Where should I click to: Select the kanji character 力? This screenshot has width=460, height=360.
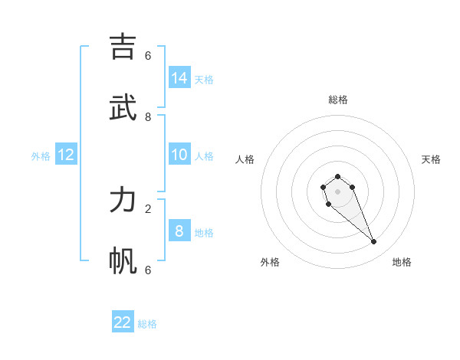click(123, 201)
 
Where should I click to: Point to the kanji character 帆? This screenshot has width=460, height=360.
click(123, 261)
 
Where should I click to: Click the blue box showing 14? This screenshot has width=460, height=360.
click(179, 77)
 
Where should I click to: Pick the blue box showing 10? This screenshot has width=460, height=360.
click(179, 155)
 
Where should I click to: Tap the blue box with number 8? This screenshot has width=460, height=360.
click(179, 231)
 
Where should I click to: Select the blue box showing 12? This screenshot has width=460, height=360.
click(66, 155)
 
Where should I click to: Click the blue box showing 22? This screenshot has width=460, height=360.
click(123, 322)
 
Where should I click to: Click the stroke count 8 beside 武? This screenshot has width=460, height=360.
click(148, 116)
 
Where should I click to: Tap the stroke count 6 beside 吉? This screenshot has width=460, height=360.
click(148, 55)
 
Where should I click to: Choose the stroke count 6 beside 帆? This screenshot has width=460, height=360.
click(148, 270)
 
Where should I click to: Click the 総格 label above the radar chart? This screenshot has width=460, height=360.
click(338, 100)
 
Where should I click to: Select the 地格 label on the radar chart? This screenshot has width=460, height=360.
click(402, 262)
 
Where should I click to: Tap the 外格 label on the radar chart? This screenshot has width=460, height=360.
click(270, 262)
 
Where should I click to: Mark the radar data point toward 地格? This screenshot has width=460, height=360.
click(374, 242)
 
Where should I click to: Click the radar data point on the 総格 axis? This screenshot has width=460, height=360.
click(337, 177)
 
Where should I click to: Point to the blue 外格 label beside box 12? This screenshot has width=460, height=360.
click(41, 156)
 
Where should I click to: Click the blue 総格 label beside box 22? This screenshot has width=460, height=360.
click(147, 324)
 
